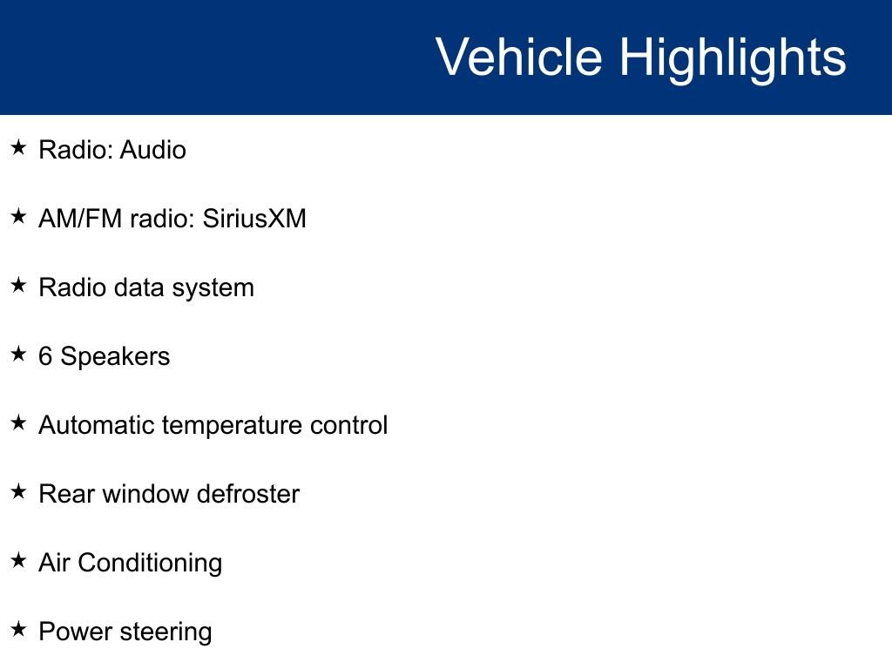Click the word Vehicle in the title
pyautogui.click(x=519, y=57)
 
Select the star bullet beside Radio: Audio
pyautogui.click(x=19, y=147)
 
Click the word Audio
pyautogui.click(x=153, y=150)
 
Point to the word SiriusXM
pyautogui.click(x=254, y=219)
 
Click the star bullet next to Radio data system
pyautogui.click(x=19, y=285)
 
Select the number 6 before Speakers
pyautogui.click(x=45, y=356)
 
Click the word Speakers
pyautogui.click(x=115, y=357)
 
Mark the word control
pyautogui.click(x=348, y=425)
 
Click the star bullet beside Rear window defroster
pyautogui.click(x=19, y=491)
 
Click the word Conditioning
pyautogui.click(x=150, y=564)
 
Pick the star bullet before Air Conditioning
pyautogui.click(x=19, y=560)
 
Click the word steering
pyautogui.click(x=166, y=632)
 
